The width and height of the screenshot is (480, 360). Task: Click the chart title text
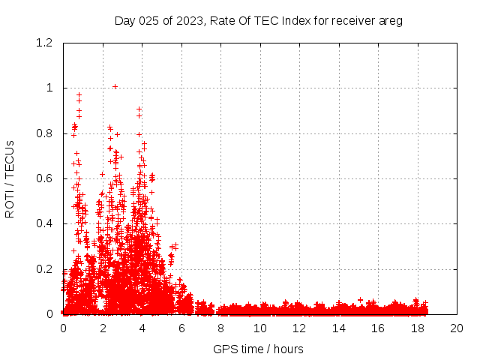pyautogui.click(x=259, y=21)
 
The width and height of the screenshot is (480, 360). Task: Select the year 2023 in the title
pyautogui.click(x=187, y=21)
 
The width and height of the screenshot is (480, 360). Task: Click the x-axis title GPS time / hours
pyautogui.click(x=259, y=349)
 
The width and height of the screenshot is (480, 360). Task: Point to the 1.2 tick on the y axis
pyautogui.click(x=46, y=43)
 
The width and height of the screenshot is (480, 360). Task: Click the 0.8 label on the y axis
pyautogui.click(x=46, y=133)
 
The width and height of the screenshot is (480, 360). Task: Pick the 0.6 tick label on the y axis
pyautogui.click(x=46, y=178)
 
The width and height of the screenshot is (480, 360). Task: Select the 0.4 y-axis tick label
pyautogui.click(x=46, y=223)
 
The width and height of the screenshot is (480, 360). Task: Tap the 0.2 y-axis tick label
pyautogui.click(x=46, y=269)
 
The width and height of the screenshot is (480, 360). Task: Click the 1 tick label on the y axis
pyautogui.click(x=52, y=88)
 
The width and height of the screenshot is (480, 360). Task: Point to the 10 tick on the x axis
pyautogui.click(x=260, y=328)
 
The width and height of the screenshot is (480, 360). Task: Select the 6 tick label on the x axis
pyautogui.click(x=181, y=328)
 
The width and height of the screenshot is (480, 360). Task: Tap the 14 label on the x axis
pyautogui.click(x=339, y=328)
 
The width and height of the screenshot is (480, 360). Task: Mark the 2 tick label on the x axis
pyautogui.click(x=103, y=328)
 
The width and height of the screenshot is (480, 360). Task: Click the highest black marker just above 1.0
pyautogui.click(x=115, y=86)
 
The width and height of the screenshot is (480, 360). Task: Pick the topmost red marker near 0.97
pyautogui.click(x=79, y=95)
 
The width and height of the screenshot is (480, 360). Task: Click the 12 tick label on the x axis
pyautogui.click(x=299, y=328)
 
